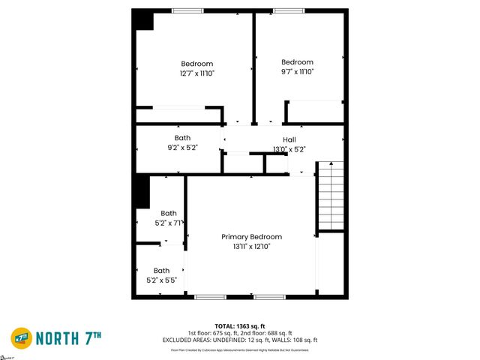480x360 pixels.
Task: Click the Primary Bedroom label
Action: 251,236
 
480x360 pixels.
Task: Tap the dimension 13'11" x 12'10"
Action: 251,246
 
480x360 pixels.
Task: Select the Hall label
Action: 289,140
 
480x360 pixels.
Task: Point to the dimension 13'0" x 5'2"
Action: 289,149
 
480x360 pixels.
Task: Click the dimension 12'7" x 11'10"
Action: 196,73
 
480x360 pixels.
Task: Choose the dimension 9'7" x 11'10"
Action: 297,72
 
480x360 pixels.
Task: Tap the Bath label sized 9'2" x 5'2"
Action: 182,138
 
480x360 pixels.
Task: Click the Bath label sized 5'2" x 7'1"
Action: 168,213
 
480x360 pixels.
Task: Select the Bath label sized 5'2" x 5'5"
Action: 161,271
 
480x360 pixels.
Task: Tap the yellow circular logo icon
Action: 21,338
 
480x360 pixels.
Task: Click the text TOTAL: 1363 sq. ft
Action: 240,326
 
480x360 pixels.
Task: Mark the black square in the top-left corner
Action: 142,19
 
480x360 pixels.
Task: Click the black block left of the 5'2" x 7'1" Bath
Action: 141,191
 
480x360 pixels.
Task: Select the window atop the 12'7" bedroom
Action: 187,10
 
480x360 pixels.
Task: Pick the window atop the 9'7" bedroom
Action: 283,10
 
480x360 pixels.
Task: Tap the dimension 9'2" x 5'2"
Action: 182,148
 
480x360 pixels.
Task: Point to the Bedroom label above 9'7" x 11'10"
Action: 297,62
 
